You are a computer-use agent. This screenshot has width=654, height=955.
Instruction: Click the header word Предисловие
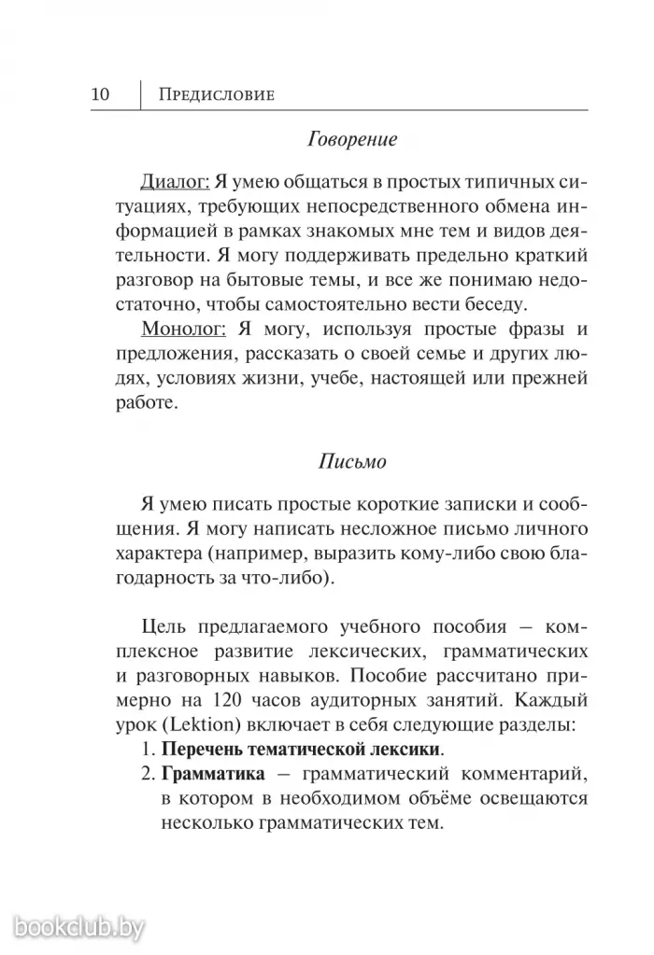pyautogui.click(x=218, y=95)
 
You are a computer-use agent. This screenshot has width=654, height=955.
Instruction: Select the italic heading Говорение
pyautogui.click(x=352, y=140)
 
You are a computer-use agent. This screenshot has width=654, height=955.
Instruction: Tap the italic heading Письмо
pyautogui.click(x=352, y=461)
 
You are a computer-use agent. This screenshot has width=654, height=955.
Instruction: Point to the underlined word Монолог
pyautogui.click(x=183, y=330)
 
